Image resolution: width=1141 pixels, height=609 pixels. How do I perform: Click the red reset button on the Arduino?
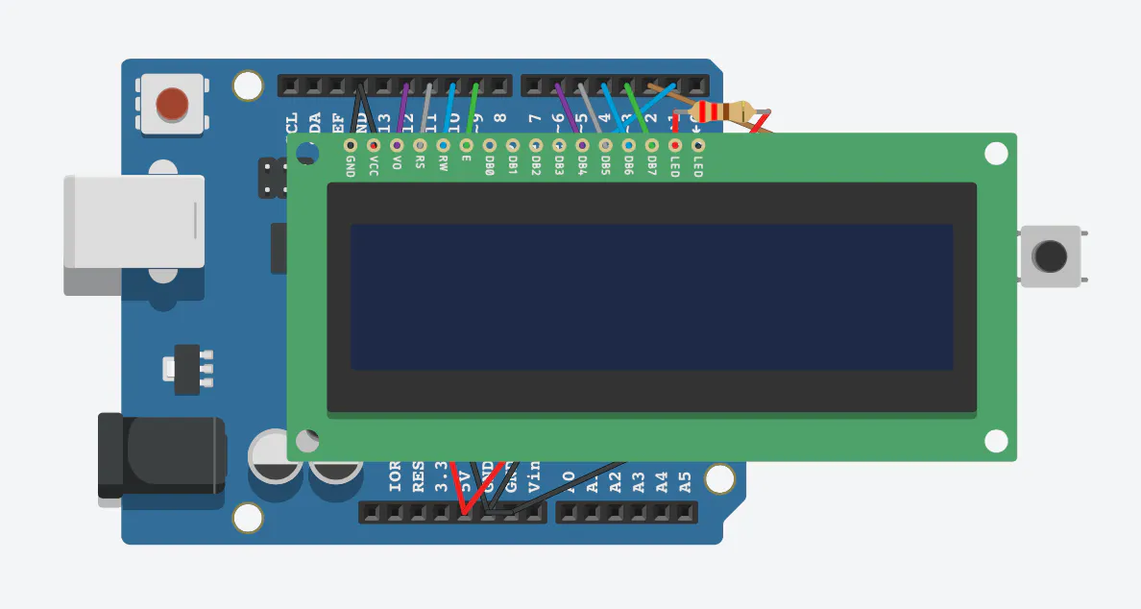173,103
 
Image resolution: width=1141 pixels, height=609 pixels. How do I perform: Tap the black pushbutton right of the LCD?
1050,256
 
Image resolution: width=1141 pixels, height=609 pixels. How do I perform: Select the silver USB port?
134,222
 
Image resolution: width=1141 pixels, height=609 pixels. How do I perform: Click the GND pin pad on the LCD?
350,145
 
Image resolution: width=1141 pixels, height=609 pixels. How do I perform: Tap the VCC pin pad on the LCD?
373,145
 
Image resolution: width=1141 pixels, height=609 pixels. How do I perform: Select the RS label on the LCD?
420,161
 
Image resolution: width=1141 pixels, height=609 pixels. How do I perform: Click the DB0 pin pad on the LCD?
489,145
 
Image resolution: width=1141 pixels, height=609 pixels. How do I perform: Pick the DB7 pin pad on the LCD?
651,145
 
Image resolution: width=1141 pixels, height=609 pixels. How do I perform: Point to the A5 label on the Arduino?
685,480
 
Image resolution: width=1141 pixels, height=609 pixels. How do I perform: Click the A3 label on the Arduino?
639,480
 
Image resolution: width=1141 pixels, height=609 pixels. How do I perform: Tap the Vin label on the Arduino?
535,475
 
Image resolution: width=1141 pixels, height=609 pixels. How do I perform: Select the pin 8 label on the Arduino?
499,120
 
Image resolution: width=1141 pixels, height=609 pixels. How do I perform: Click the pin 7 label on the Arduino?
535,120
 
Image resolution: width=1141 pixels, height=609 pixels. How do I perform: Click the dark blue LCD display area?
651,297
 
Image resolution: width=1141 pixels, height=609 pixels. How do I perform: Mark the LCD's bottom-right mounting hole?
996,441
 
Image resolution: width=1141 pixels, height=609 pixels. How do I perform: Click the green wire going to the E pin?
472,110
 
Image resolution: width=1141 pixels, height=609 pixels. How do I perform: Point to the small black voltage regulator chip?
187,369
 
